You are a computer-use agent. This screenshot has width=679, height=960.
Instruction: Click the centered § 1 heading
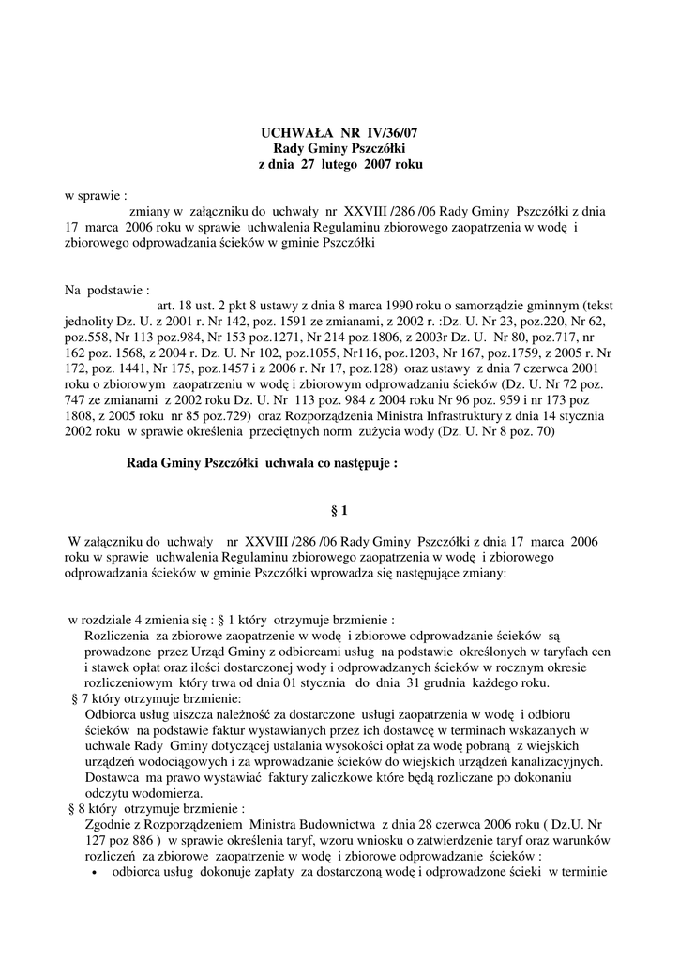pyautogui.click(x=339, y=511)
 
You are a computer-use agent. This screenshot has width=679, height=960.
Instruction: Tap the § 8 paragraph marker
pyautogui.click(x=80, y=808)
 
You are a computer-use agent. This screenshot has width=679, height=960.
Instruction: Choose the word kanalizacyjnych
pyautogui.click(x=553, y=761)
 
